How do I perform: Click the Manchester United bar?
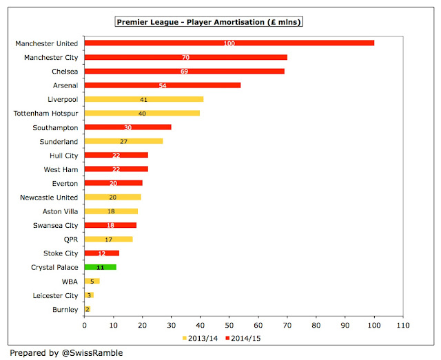coord(229,43)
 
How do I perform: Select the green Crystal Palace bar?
coord(100,266)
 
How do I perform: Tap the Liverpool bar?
coord(143,99)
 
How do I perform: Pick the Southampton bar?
coord(127,127)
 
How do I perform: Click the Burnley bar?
coord(88,309)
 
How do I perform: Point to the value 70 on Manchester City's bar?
coord(186,57)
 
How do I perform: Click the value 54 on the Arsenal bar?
coord(163,85)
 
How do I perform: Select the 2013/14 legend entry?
coord(200,337)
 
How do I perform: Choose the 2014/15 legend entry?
coord(240,337)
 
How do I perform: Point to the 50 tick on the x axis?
coord(229,324)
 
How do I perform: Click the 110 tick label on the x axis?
coord(403,324)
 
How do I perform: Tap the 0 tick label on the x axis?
coord(85,324)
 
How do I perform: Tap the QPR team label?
coord(70,239)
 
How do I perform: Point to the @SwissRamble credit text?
coord(65,351)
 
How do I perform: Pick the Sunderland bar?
coord(123,141)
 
